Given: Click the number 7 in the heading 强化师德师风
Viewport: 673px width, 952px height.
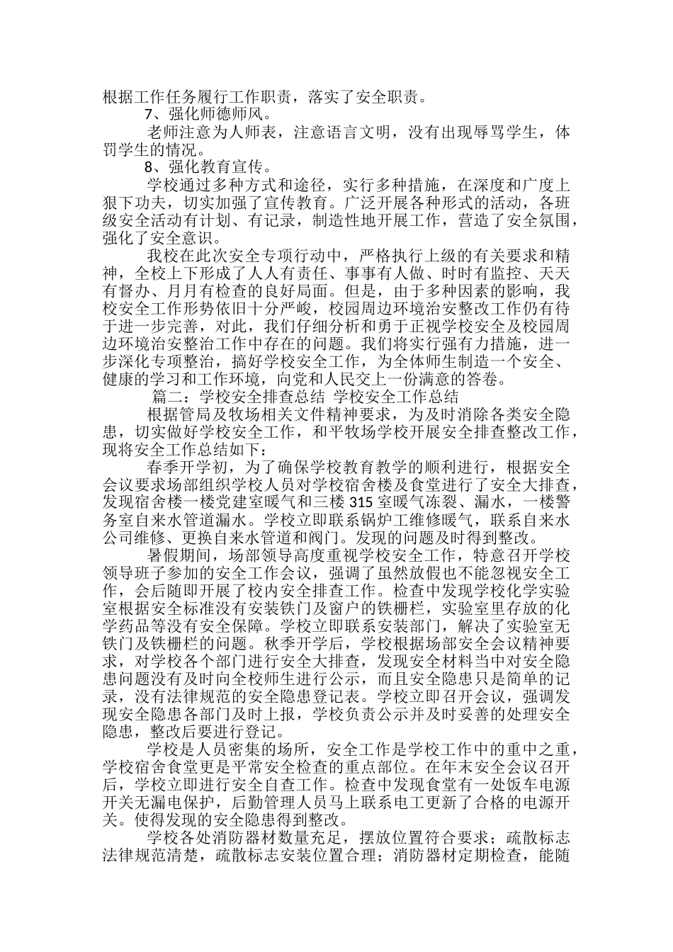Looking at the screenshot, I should [148, 113].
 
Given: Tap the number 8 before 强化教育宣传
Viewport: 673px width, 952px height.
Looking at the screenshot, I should [148, 168].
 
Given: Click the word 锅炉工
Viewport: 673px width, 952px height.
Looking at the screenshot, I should [397, 521].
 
